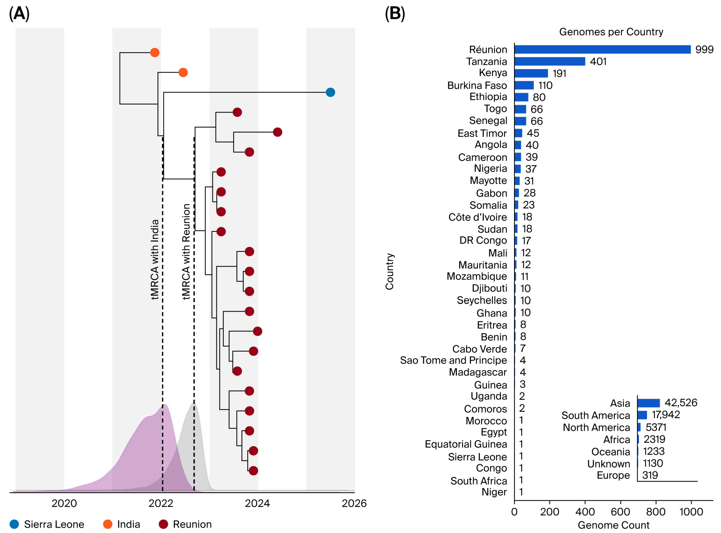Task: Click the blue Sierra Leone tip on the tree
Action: tap(330, 92)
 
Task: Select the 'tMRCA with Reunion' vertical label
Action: tap(186, 252)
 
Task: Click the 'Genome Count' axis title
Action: tap(613, 525)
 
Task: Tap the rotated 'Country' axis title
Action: tap(390, 271)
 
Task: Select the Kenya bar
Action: tap(531, 73)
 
